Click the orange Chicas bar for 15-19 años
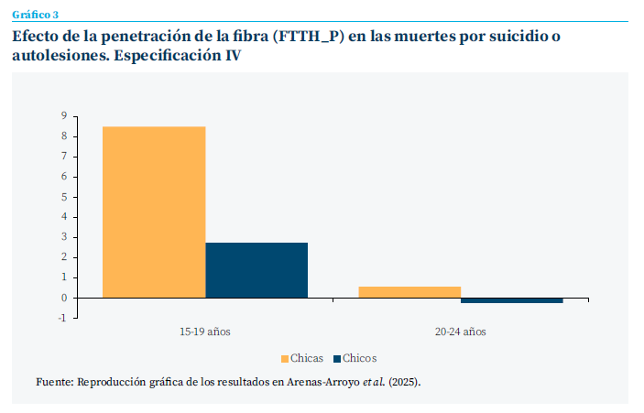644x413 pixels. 153,212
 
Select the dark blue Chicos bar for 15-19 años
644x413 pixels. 257,270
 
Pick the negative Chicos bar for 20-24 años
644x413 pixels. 511,300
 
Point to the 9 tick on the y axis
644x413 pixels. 64,116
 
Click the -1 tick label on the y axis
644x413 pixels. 62,318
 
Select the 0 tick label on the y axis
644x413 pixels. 64,298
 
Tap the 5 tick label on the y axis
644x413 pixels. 64,197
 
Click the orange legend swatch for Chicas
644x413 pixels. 285,358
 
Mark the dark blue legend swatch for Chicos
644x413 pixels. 337,358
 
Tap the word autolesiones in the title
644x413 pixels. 60,57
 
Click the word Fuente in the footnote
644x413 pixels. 53,381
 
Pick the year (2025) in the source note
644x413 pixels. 404,381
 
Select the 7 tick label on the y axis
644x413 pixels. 64,157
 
